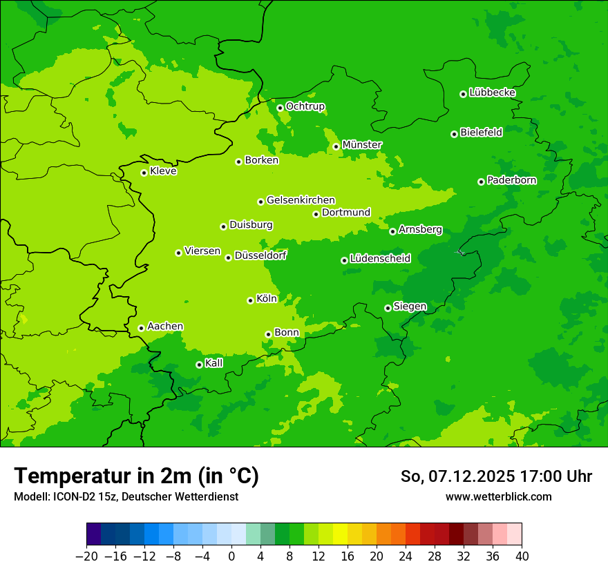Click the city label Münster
pyautogui.click(x=361, y=145)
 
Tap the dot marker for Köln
pyautogui.click(x=250, y=300)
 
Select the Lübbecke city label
pyautogui.click(x=492, y=93)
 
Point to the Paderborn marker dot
pyautogui.click(x=481, y=182)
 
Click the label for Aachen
pyautogui.click(x=165, y=327)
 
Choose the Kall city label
pyautogui.click(x=214, y=363)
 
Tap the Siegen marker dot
pyautogui.click(x=388, y=308)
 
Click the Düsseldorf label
pyautogui.click(x=260, y=255)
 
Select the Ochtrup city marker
pyautogui.click(x=280, y=108)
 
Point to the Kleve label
pyautogui.click(x=163, y=171)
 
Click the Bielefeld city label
pyautogui.click(x=481, y=133)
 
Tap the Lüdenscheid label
pyautogui.click(x=380, y=259)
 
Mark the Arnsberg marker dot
pyautogui.click(x=392, y=231)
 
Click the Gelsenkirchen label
pyautogui.click(x=301, y=200)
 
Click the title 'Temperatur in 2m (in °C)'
pyautogui.click(x=136, y=476)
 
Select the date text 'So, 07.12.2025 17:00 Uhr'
pyautogui.click(x=496, y=476)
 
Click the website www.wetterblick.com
pyautogui.click(x=498, y=496)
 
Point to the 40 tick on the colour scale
pyautogui.click(x=522, y=556)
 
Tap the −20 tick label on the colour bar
pyautogui.click(x=86, y=556)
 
